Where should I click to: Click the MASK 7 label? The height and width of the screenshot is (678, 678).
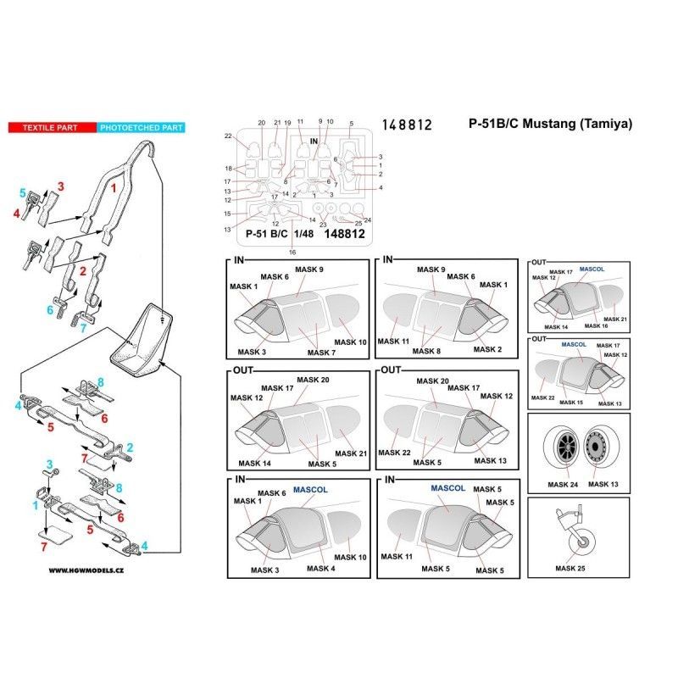coord(323,352)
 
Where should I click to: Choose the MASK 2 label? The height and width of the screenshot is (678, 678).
coord(490,349)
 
